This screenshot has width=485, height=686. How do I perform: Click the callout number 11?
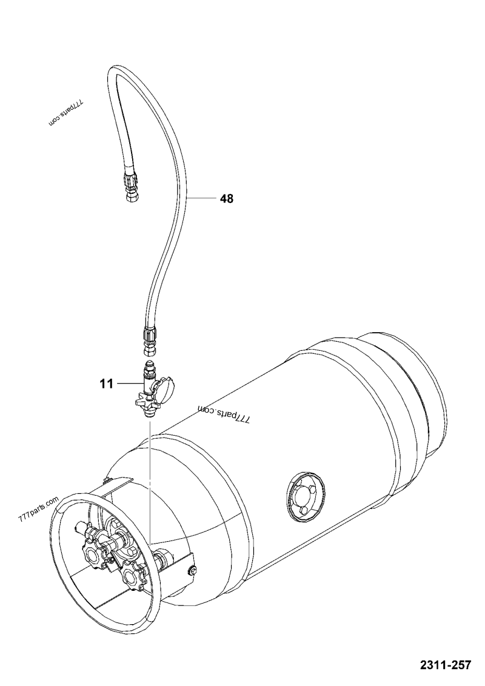107,384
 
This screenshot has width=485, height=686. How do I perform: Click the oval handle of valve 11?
166,388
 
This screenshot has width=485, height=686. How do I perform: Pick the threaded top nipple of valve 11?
149,368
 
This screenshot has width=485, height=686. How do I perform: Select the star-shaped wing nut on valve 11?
142,401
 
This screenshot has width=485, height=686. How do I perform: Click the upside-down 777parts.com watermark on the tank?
223,416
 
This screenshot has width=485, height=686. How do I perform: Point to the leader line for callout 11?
129,384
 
